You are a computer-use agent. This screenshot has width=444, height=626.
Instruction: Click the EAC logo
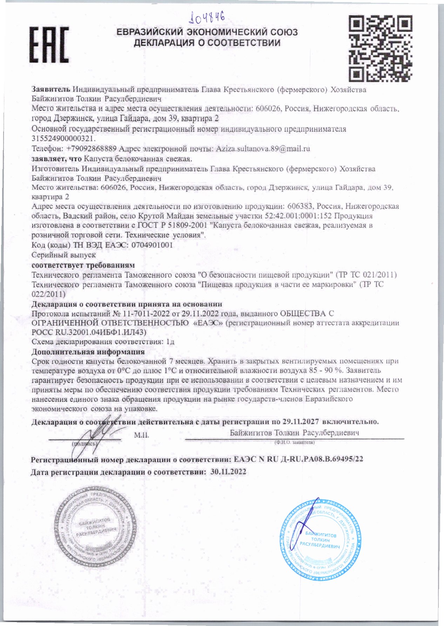[49, 45]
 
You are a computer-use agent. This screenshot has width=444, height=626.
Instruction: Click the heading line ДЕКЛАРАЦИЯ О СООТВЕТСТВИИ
[207, 43]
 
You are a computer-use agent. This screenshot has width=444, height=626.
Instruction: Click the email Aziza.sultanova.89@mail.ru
[263, 149]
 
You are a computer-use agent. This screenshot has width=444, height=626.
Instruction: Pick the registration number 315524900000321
[63, 139]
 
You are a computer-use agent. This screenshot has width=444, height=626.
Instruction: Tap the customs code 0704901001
[152, 245]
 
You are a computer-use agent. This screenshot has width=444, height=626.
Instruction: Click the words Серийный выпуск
[63, 255]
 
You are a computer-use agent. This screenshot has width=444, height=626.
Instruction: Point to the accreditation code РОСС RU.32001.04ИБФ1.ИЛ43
[88, 332]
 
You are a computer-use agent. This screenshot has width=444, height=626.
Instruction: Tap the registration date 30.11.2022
[228, 472]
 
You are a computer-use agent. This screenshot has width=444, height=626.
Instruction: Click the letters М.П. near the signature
[141, 435]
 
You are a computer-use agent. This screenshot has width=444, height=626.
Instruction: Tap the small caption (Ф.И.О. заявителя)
[295, 443]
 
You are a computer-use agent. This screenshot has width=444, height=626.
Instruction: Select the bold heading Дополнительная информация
[88, 352]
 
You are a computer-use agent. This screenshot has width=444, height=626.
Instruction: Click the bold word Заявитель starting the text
[51, 90]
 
